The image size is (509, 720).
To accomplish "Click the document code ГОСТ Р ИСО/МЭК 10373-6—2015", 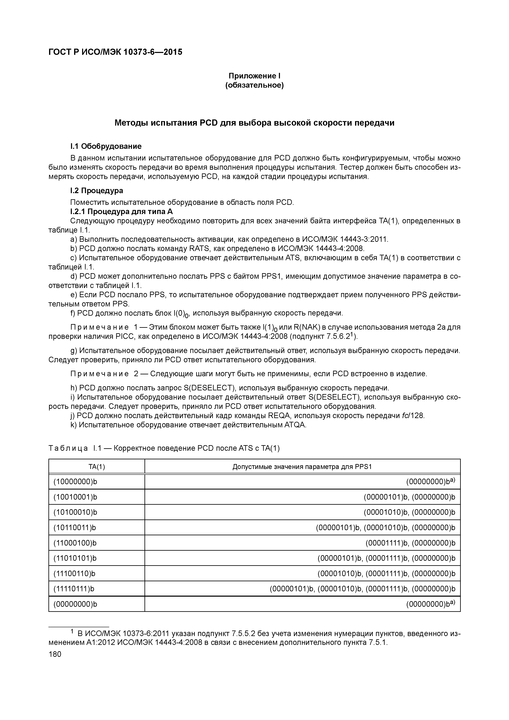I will pos(115,52).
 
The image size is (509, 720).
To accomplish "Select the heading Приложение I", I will pos(254,76).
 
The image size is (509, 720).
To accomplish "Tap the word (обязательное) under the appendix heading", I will pos(254,85).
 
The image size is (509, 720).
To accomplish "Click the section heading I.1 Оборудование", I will pos(106,146).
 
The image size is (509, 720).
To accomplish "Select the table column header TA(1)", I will pos(97,467).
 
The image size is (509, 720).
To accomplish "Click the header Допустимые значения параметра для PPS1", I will pos(302,467).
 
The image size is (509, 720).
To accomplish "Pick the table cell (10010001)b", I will pos(75,497).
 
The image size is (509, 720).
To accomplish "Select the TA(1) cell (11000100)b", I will pos(75,543).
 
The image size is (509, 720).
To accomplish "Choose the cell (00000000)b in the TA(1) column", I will pos(75,604).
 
